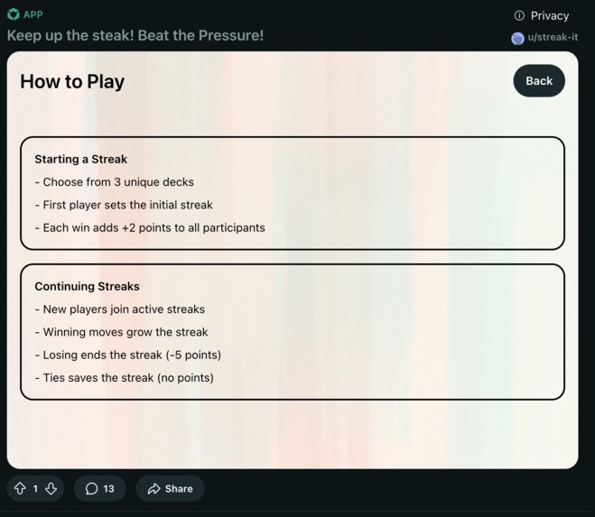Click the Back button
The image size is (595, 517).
tap(539, 81)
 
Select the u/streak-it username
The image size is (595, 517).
tap(553, 38)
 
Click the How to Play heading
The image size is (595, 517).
tap(72, 81)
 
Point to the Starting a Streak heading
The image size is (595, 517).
tap(81, 159)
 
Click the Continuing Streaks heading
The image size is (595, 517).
tap(87, 286)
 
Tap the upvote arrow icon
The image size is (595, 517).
tap(20, 488)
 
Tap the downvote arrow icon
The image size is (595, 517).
tap(51, 488)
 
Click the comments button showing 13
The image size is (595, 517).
tap(100, 488)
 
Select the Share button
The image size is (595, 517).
tap(170, 488)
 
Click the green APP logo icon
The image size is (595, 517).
tap(14, 14)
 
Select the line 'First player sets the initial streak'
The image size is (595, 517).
tap(127, 205)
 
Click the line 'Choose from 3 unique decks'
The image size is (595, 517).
tap(118, 181)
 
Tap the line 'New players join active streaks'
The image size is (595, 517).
tap(124, 309)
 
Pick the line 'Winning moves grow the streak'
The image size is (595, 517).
tap(126, 332)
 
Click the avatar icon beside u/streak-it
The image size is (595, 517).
tap(517, 38)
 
